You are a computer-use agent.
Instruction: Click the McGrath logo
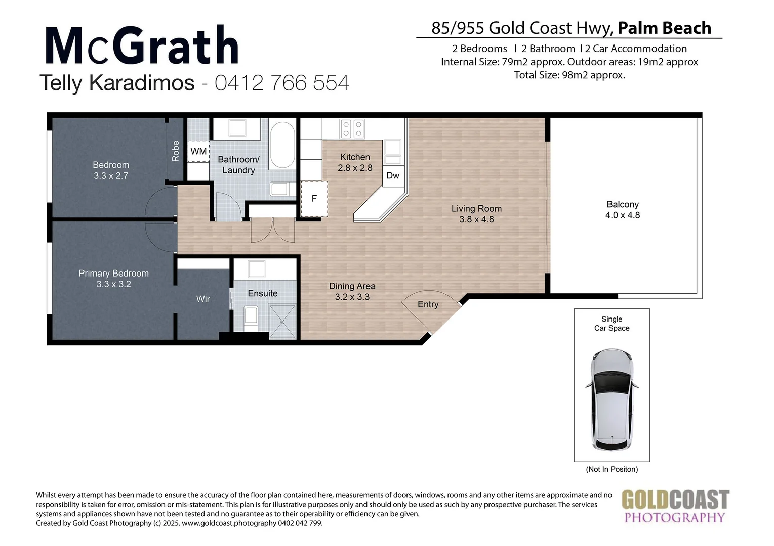pyautogui.click(x=142, y=46)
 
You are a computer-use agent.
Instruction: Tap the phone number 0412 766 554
pyautogui.click(x=282, y=83)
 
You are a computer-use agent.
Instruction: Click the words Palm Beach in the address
pyautogui.click(x=664, y=28)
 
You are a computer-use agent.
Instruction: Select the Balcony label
pyautogui.click(x=622, y=210)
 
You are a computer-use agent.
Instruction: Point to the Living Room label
pyautogui.click(x=476, y=214)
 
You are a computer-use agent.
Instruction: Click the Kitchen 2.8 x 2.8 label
pyautogui.click(x=355, y=162)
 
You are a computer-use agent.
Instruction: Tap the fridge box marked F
pyautogui.click(x=314, y=199)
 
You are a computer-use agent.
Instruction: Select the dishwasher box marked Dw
pyautogui.click(x=393, y=175)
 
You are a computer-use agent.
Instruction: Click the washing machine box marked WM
pyautogui.click(x=198, y=151)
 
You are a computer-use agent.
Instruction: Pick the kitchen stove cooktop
pyautogui.click(x=352, y=128)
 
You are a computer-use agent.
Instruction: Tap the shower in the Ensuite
pyautogui.click(x=281, y=321)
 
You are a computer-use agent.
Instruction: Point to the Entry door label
pyautogui.click(x=428, y=304)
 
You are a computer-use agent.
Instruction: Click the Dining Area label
pyautogui.click(x=352, y=292)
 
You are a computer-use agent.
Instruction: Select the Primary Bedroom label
pyautogui.click(x=113, y=279)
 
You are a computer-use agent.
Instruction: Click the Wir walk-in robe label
pyautogui.click(x=203, y=299)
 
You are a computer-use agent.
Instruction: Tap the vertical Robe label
pyautogui.click(x=176, y=151)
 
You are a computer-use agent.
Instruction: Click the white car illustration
pyautogui.click(x=612, y=399)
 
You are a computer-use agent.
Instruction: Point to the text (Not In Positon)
pyautogui.click(x=612, y=469)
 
